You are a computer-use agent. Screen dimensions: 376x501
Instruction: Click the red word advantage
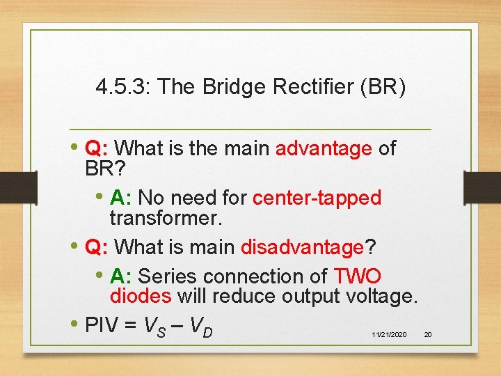click(x=324, y=148)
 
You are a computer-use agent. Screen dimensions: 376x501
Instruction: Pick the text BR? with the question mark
click(x=106, y=169)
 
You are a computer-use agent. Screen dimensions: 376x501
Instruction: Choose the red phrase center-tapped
click(x=317, y=198)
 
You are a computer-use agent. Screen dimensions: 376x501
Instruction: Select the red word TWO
click(x=358, y=276)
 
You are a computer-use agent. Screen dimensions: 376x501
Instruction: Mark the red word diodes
click(x=141, y=297)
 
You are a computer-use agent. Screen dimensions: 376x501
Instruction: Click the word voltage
click(x=381, y=297)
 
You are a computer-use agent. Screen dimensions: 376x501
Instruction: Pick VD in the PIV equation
click(x=200, y=326)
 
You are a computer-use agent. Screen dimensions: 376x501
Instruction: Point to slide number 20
click(x=428, y=335)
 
